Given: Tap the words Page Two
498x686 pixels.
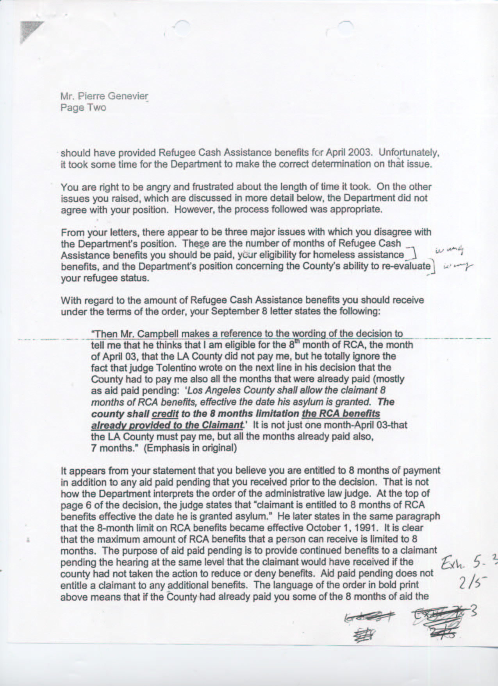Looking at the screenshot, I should point(83,108).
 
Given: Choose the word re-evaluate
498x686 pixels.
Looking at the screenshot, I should point(407,266).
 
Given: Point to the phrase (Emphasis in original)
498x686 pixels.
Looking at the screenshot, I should point(190,448).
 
